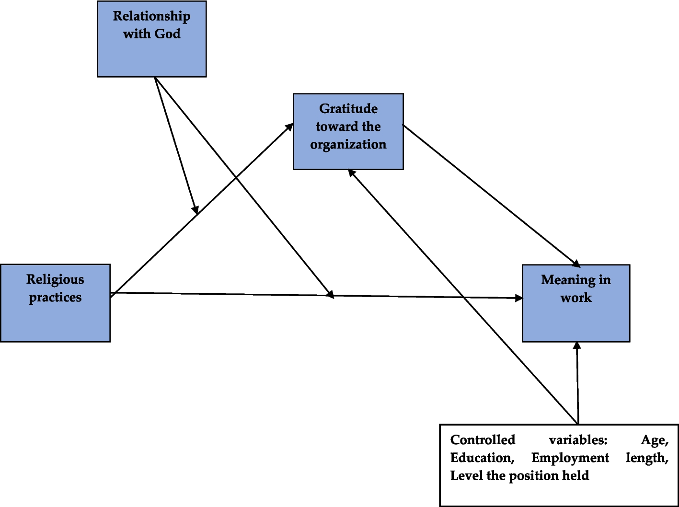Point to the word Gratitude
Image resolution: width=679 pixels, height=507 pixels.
[348, 109]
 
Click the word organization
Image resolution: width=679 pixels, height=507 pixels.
[348, 145]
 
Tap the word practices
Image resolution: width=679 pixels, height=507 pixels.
[55, 298]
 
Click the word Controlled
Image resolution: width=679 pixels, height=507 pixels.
[483, 440]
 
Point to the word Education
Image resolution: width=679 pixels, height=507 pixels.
[482, 458]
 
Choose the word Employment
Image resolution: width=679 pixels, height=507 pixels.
[570, 458]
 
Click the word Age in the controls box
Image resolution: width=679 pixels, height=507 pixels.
[654, 440]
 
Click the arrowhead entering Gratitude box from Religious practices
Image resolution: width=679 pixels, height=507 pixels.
[290, 127]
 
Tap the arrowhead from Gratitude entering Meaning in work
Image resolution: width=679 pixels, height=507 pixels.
[576, 264]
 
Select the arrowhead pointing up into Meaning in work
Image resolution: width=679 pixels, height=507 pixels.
[577, 345]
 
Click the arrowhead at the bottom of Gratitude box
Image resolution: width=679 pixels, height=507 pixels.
[352, 173]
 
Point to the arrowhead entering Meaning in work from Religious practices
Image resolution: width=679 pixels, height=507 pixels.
[519, 298]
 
